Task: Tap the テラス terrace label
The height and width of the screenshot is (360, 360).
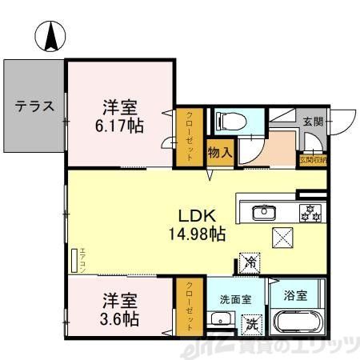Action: [34, 106]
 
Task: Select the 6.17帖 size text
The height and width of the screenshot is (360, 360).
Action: [122, 126]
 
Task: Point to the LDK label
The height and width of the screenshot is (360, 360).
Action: [195, 216]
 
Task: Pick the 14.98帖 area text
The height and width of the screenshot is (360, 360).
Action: [196, 234]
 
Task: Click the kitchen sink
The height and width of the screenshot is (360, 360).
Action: [262, 213]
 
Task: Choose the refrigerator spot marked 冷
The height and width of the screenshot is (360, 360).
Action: [250, 261]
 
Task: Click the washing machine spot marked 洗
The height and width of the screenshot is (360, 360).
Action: [250, 325]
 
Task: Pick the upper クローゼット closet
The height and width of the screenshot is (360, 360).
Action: [189, 136]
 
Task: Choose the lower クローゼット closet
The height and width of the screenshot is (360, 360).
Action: [189, 306]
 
